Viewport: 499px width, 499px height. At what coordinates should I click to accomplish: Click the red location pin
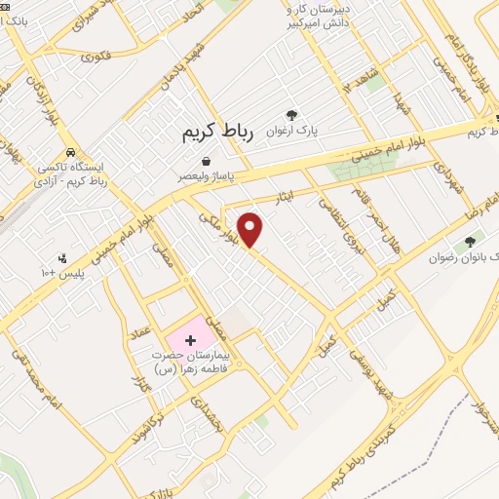pos(251,228)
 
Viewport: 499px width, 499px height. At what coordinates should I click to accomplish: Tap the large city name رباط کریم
pos(217,134)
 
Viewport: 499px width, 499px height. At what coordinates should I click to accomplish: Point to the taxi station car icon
pos(72,153)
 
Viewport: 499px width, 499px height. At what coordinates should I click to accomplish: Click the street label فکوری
pos(96,57)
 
